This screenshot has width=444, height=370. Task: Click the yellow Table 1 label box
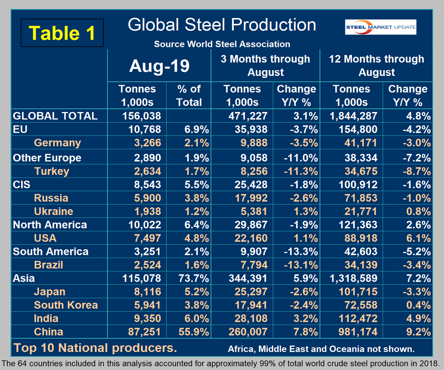point(62,33)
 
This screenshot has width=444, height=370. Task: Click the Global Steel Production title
point(222,25)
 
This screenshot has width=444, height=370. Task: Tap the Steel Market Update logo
point(380,27)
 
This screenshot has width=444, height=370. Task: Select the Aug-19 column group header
point(159,66)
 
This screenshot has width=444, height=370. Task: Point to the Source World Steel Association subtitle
point(222,44)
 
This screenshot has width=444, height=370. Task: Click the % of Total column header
point(189,95)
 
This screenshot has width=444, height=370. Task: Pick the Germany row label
point(57,143)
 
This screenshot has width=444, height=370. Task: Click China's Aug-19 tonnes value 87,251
point(145,332)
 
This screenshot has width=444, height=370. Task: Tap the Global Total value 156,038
point(142,116)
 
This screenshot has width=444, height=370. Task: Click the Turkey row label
point(52,171)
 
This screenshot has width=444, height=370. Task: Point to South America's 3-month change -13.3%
point(300,252)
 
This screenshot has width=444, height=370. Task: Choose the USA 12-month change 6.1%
point(418,238)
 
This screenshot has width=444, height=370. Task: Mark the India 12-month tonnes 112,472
point(358,319)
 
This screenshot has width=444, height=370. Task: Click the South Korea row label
point(66,305)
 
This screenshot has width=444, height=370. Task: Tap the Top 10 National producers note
point(95,348)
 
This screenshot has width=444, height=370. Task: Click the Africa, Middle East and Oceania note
point(321,349)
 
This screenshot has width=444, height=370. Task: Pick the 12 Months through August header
point(376,66)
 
